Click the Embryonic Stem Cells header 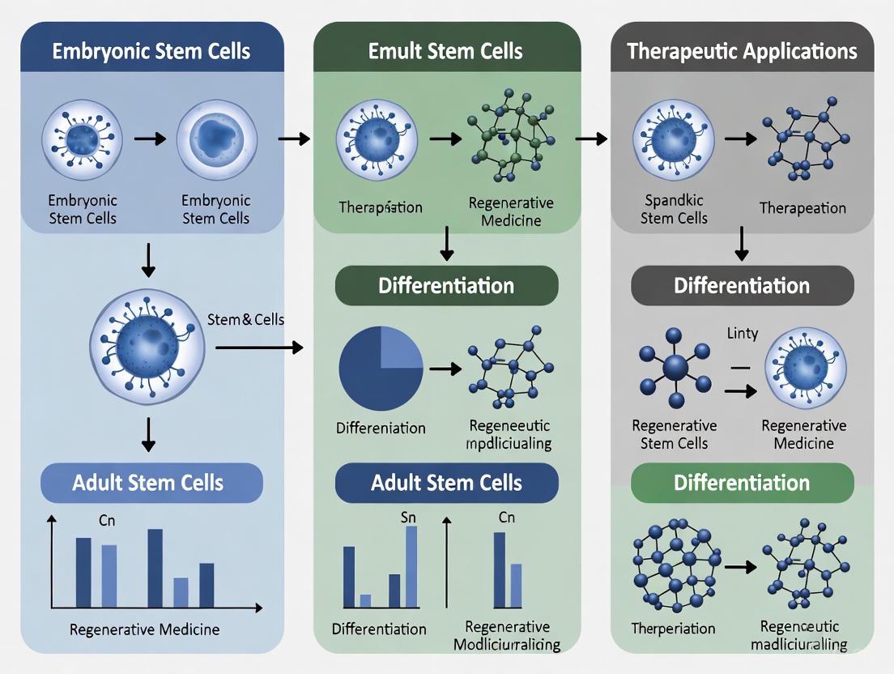pyautogui.click(x=151, y=51)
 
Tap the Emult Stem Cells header pyautogui.click(x=445, y=51)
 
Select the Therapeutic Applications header pyautogui.click(x=742, y=51)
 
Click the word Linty pyautogui.click(x=742, y=333)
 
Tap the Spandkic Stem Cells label pyautogui.click(x=674, y=208)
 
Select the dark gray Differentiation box pyautogui.click(x=742, y=285)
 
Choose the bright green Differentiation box pyautogui.click(x=742, y=483)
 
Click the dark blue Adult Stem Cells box pyautogui.click(x=446, y=483)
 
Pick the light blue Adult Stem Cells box pyautogui.click(x=151, y=483)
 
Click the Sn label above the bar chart pyautogui.click(x=408, y=517)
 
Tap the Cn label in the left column pyautogui.click(x=107, y=521)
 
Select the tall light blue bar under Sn pyautogui.click(x=411, y=566)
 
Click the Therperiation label pyautogui.click(x=673, y=629)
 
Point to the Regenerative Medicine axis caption pyautogui.click(x=144, y=629)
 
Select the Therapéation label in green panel pyautogui.click(x=380, y=207)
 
